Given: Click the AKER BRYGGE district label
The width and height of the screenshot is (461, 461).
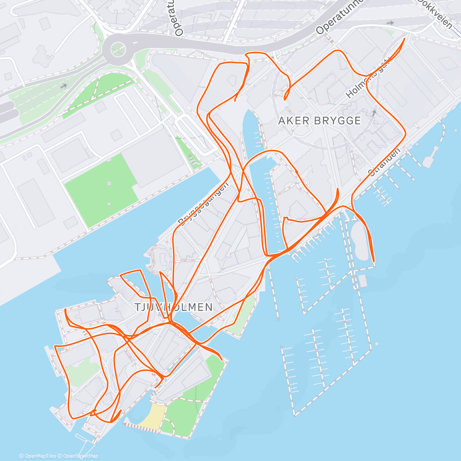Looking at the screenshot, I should click(319, 121).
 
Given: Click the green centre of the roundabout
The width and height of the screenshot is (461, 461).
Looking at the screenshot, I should click(118, 49).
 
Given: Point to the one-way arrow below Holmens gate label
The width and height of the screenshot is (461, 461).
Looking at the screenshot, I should click(374, 113).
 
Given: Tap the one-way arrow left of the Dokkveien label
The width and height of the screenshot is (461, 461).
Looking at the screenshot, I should click(390, 23).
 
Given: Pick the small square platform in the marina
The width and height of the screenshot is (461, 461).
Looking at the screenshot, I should click(362, 281).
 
